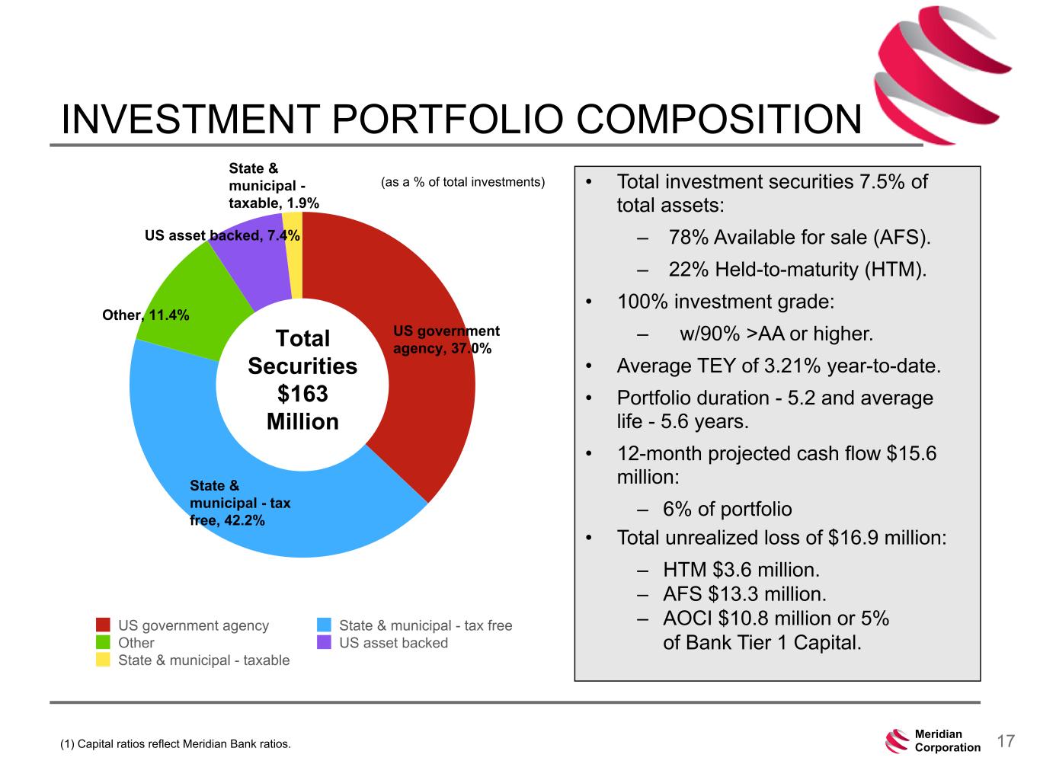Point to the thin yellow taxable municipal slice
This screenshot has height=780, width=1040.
(x=293, y=251)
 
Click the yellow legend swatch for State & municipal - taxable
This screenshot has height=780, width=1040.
(x=104, y=660)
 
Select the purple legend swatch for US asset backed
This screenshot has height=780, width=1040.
(x=325, y=642)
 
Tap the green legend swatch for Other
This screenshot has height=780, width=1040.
(x=104, y=642)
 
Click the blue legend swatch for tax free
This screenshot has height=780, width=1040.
(x=325, y=625)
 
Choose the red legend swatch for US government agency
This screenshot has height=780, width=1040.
(x=104, y=625)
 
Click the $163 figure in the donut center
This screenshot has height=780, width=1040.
(x=302, y=394)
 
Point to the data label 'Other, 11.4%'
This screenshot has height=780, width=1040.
(x=146, y=315)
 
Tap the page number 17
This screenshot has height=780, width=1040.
(x=1006, y=741)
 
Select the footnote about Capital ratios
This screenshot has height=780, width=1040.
(x=175, y=743)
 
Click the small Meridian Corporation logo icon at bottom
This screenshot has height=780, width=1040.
(x=897, y=741)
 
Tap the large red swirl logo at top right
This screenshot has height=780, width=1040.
(x=937, y=72)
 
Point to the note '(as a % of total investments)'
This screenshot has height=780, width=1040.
(x=462, y=182)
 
